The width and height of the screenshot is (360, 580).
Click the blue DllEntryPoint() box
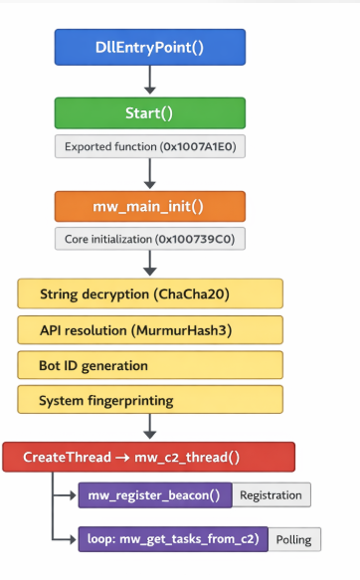150,48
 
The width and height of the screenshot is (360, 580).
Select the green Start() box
150,112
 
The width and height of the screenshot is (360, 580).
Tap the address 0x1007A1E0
198,147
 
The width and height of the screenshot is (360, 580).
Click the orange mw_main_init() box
150,206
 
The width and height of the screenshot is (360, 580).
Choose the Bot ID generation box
150,365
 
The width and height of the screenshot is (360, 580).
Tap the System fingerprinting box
150,400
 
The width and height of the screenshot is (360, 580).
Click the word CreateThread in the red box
67,458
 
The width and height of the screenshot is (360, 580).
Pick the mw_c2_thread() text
187,458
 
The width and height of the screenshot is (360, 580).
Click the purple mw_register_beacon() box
155,495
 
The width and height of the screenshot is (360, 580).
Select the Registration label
270,495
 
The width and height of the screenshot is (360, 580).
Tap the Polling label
294,539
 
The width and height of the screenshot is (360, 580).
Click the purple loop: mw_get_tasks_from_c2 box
173,539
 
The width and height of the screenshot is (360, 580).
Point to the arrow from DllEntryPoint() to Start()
150,80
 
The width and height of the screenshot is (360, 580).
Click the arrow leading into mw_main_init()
150,173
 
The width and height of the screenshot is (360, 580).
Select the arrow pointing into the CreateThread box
150,427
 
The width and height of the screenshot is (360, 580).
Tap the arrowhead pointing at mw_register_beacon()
73,495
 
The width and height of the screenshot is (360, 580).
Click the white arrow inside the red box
122,458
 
